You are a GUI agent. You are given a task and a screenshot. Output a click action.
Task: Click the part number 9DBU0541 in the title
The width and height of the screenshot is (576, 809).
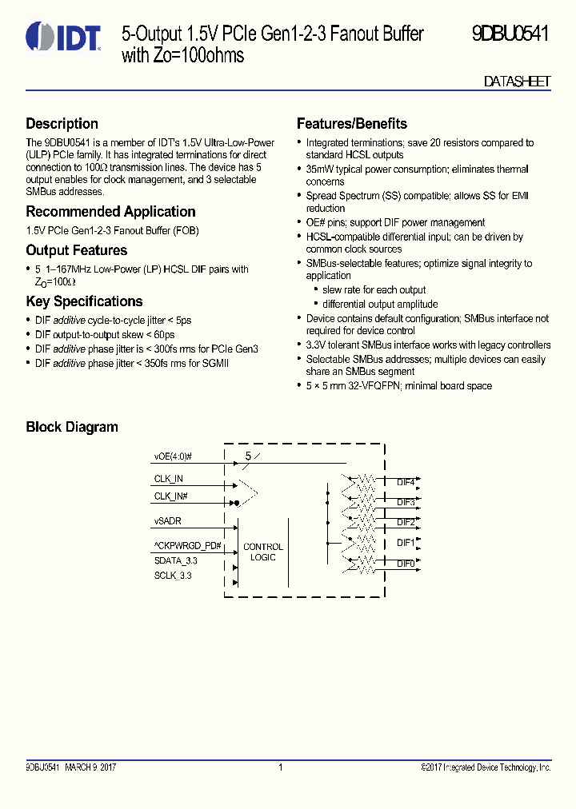pyautogui.click(x=510, y=34)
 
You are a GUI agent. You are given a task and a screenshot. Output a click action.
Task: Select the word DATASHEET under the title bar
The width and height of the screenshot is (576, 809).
pyautogui.click(x=517, y=82)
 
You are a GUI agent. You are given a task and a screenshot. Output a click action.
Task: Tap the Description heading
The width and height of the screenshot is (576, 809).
pyautogui.click(x=62, y=124)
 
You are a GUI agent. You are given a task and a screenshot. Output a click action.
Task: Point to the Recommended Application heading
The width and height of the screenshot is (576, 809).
pyautogui.click(x=110, y=212)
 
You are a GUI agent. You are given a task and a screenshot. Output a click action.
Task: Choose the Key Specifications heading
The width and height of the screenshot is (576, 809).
pyautogui.click(x=84, y=301)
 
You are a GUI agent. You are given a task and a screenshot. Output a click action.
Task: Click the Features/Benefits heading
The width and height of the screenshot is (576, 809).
pyautogui.click(x=351, y=124)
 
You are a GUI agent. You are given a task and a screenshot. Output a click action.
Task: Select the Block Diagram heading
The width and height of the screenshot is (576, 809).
pyautogui.click(x=72, y=427)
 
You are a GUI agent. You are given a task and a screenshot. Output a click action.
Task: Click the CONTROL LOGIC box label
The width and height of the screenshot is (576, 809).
pyautogui.click(x=263, y=552)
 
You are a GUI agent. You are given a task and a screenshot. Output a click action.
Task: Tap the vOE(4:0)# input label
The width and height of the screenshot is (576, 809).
pyautogui.click(x=173, y=457)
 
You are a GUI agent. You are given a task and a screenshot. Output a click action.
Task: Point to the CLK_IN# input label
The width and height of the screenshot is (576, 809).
pyautogui.click(x=171, y=496)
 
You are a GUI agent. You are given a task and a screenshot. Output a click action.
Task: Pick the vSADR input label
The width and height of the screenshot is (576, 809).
pyautogui.click(x=167, y=520)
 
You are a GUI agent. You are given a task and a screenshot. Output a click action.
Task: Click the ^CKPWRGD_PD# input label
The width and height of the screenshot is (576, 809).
pyautogui.click(x=187, y=546)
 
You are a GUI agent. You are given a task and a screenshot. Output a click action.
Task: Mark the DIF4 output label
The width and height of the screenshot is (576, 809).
pyautogui.click(x=406, y=483)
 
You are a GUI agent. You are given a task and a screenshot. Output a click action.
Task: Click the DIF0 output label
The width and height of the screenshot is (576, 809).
pyautogui.click(x=406, y=564)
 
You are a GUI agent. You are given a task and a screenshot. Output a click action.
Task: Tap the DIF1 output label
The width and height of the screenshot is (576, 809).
pyautogui.click(x=406, y=543)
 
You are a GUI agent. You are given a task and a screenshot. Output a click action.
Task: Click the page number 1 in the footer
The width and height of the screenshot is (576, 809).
pyautogui.click(x=281, y=767)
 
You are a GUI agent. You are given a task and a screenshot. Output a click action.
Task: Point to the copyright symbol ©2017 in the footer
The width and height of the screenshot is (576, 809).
pyautogui.click(x=424, y=767)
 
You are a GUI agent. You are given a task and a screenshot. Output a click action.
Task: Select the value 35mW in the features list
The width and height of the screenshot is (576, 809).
pyautogui.click(x=321, y=169)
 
